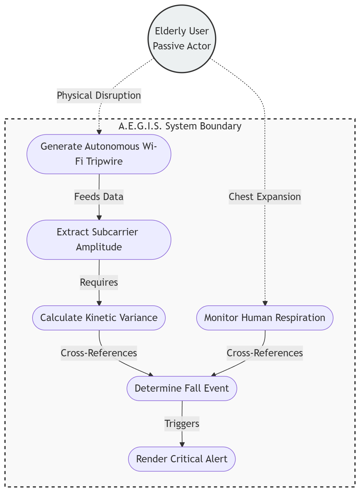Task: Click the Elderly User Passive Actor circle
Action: point(182,39)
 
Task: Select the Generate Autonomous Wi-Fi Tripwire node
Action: point(99,154)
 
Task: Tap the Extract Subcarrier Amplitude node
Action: point(99,239)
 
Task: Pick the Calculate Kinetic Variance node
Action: point(99,318)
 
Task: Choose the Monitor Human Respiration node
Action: point(265,318)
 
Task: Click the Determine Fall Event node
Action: point(182,388)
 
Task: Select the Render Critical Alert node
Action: point(182,459)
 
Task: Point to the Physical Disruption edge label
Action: point(99,95)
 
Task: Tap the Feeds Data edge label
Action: point(99,197)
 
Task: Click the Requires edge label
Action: point(99,282)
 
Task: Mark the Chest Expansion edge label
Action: point(265,197)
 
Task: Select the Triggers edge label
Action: point(182,424)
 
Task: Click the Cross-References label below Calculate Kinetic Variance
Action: point(99,353)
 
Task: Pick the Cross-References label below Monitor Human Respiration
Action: point(265,353)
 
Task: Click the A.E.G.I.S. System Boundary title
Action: point(180,126)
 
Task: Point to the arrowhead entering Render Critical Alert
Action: point(182,444)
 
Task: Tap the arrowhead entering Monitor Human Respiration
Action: point(265,303)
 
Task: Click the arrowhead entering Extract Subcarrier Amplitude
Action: point(99,218)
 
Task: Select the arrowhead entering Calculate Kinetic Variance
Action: point(99,303)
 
